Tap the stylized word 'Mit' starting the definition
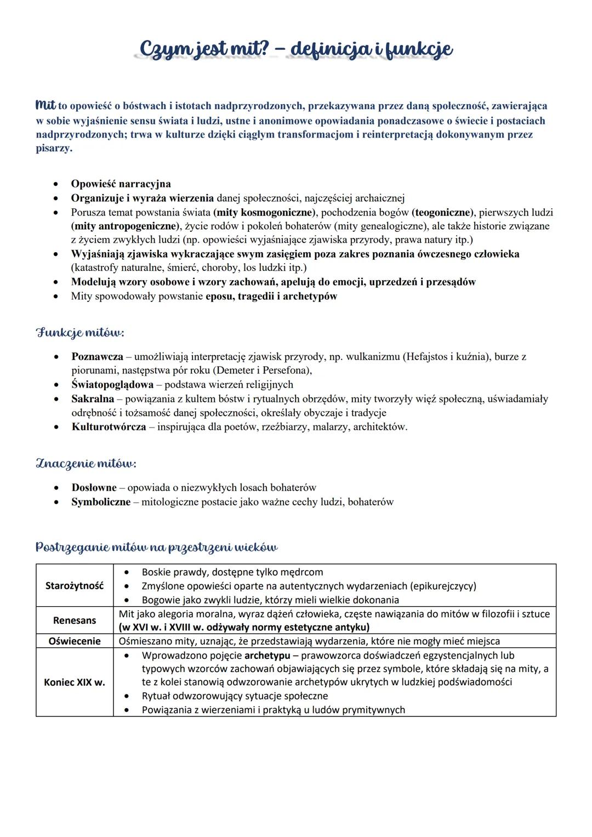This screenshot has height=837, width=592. click(x=45, y=105)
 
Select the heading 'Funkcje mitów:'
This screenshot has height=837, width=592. click(x=80, y=333)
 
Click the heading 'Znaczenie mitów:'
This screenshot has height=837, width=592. click(x=86, y=464)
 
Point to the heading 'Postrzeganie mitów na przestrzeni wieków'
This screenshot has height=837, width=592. click(x=156, y=547)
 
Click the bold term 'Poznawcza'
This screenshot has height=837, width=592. click(x=97, y=357)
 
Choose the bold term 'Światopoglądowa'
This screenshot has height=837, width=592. click(x=112, y=385)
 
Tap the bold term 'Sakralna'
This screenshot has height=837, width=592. click(x=93, y=399)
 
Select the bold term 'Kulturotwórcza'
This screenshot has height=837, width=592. click(x=109, y=427)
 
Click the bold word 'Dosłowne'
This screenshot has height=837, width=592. click(x=94, y=488)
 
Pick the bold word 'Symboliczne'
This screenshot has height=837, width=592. click(x=101, y=502)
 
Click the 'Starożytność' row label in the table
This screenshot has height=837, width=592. click(x=75, y=585)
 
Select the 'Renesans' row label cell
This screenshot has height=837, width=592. click(x=75, y=620)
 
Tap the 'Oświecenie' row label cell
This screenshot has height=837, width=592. click(x=75, y=641)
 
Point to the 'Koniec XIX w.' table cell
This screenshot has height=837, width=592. click(x=75, y=682)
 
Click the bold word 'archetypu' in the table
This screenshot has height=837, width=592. click(x=267, y=656)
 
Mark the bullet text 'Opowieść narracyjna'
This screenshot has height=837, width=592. click(x=121, y=184)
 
